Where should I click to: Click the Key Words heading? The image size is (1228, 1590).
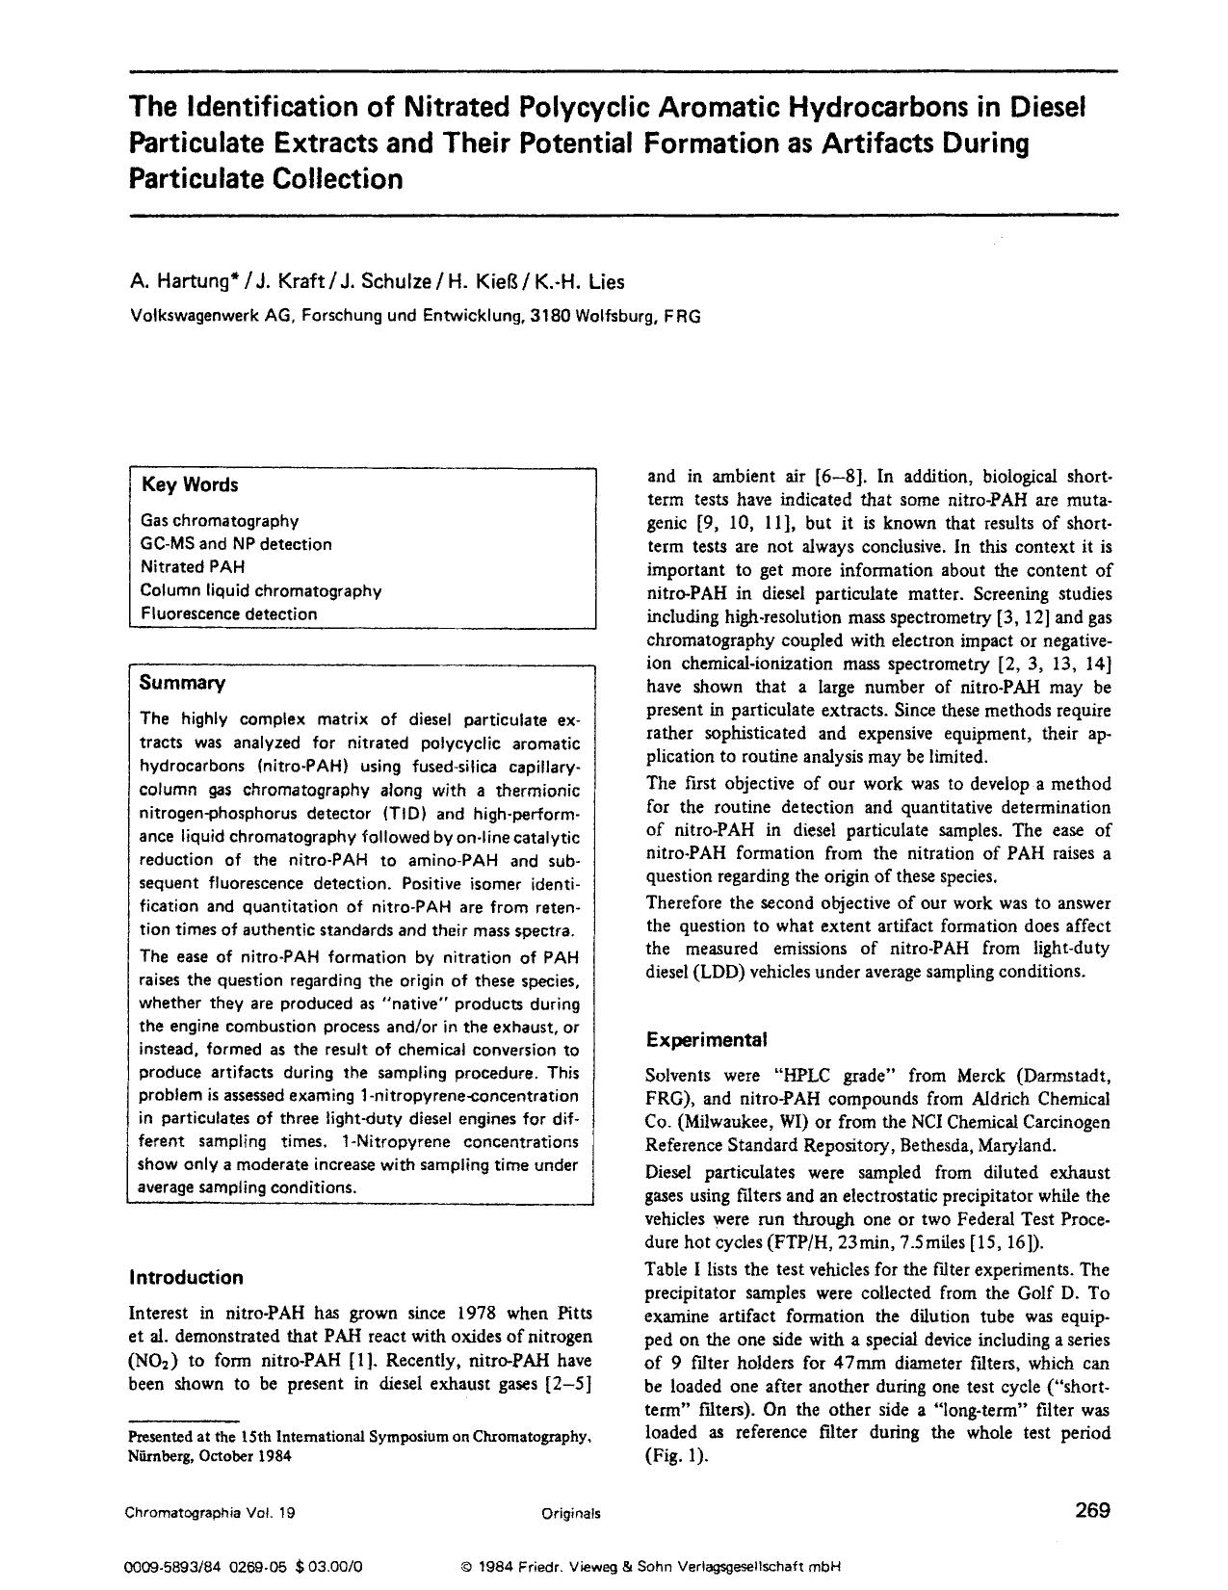(190, 484)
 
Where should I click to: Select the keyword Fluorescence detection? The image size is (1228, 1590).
(228, 613)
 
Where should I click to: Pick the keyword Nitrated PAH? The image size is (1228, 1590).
(193, 567)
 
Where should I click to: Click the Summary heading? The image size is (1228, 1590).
(182, 683)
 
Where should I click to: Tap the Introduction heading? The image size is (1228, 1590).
(186, 1277)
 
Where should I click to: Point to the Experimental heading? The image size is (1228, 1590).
(706, 1040)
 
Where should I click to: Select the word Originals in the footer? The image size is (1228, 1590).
(570, 1513)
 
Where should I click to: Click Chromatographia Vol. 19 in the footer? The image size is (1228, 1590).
(210, 1513)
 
